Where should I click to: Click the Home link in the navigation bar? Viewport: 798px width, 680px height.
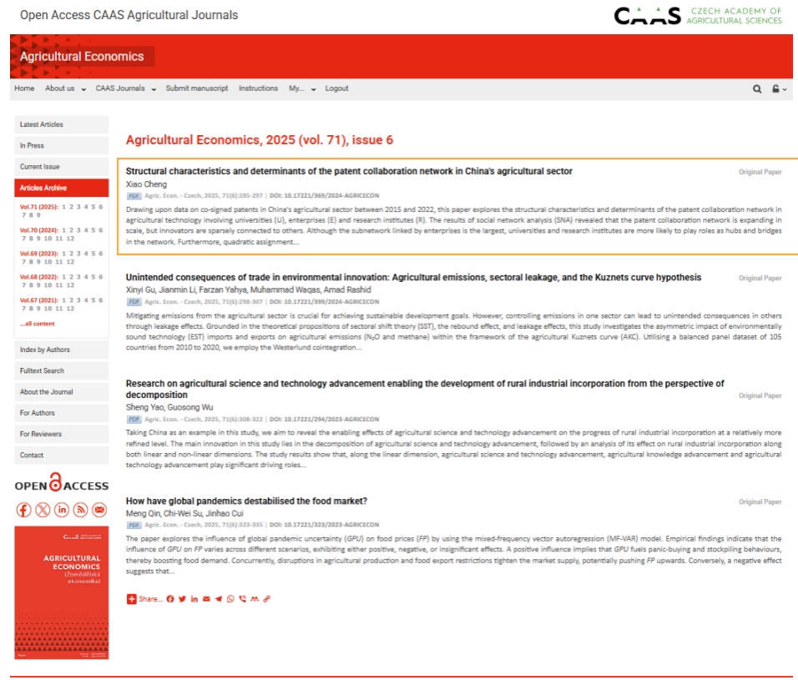click(24, 88)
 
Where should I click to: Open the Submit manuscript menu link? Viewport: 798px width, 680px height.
click(196, 88)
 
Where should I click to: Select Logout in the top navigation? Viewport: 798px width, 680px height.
click(336, 88)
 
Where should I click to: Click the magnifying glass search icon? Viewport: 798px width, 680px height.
click(757, 89)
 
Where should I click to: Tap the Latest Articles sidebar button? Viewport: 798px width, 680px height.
click(62, 124)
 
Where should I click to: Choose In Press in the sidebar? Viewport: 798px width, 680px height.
click(62, 145)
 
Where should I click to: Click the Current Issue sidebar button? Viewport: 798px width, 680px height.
click(62, 167)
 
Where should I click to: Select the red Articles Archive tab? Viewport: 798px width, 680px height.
click(62, 188)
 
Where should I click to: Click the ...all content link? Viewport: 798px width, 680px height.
click(38, 324)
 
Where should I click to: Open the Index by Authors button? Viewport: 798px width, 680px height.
click(62, 350)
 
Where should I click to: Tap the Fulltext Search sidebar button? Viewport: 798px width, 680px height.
click(62, 370)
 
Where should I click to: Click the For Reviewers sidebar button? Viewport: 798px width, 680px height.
click(62, 434)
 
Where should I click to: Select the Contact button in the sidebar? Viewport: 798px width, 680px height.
click(62, 455)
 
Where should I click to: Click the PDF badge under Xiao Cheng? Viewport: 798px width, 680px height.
click(134, 195)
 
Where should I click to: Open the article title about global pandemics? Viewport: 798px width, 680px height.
click(246, 501)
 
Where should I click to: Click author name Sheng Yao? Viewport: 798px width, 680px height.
click(140, 407)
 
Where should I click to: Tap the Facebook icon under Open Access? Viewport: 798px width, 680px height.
click(23, 510)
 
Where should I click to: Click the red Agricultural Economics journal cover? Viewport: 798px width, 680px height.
click(62, 592)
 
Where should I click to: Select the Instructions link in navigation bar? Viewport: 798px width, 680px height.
click(258, 88)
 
